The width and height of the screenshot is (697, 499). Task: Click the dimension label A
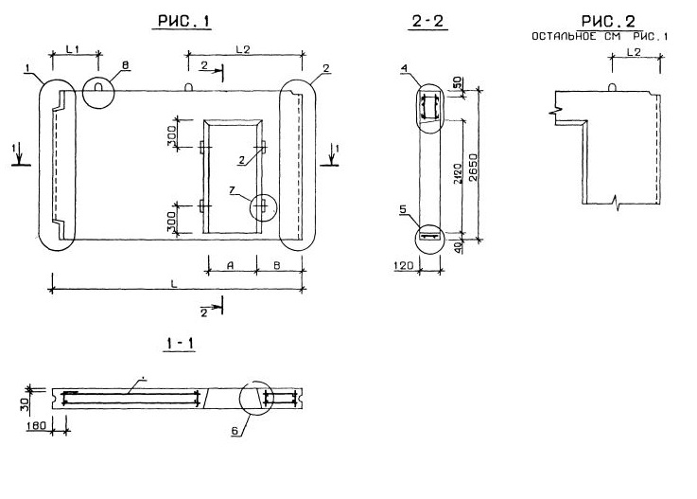pyautogui.click(x=230, y=265)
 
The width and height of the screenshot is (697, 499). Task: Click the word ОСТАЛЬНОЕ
pyautogui.click(x=562, y=37)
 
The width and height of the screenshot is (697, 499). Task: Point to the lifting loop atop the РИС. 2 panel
pyautogui.click(x=614, y=88)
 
